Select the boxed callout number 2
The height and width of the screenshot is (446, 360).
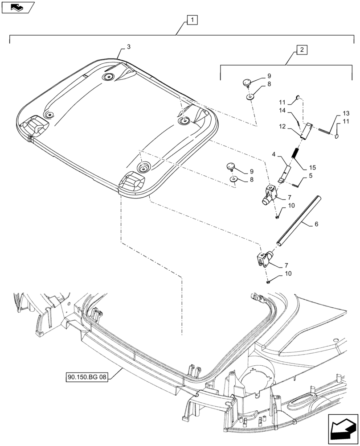pyautogui.click(x=302, y=50)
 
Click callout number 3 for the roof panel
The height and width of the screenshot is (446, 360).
pyautogui.click(x=128, y=47)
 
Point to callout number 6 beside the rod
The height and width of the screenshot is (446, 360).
pyautogui.click(x=316, y=225)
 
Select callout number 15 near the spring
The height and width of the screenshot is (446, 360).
pyautogui.click(x=312, y=167)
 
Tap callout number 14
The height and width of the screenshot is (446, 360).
pyautogui.click(x=282, y=111)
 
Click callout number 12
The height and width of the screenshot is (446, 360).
pyautogui.click(x=282, y=127)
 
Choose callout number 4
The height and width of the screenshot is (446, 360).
pyautogui.click(x=275, y=156)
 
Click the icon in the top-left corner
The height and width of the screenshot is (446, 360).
pyautogui.click(x=18, y=7)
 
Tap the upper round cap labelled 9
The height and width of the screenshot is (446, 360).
pyautogui.click(x=247, y=82)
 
